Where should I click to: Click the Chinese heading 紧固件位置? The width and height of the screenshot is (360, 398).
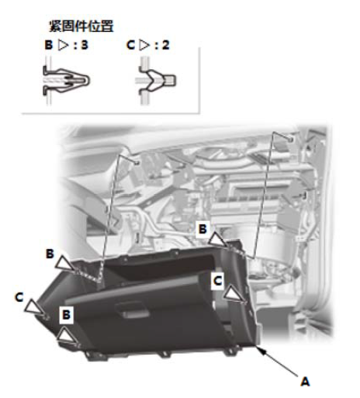pos(81,26)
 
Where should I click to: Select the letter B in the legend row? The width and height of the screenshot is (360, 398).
pos(49,45)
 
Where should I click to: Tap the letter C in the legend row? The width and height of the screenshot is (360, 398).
pos(130,45)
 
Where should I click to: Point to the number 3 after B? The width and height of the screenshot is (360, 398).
pos(85,45)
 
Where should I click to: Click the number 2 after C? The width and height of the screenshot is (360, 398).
pos(166,45)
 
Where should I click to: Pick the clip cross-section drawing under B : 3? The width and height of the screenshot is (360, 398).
pos(66,81)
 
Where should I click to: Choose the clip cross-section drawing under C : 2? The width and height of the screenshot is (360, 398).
pos(156,81)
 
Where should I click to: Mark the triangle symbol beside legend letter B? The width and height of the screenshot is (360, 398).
pos(64,45)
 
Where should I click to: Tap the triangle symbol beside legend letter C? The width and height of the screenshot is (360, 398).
pos(144,45)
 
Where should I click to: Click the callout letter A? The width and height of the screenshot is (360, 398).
pos(305,382)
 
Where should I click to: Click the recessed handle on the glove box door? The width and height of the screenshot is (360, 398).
pos(132,310)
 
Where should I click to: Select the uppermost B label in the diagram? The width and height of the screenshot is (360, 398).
pos(202,229)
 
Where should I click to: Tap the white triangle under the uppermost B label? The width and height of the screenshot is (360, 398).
pos(216,239)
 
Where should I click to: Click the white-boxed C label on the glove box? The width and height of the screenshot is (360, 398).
pos(217,281)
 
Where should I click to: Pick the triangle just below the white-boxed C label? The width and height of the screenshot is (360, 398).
pos(234,294)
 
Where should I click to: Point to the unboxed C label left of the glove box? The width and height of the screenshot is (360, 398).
pos(19,297)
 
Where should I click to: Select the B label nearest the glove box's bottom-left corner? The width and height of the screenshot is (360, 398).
pos(67,315)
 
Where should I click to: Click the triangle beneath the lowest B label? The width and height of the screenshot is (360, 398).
pos(67,335)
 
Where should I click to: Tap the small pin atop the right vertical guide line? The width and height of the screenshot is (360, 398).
pos(291,140)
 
